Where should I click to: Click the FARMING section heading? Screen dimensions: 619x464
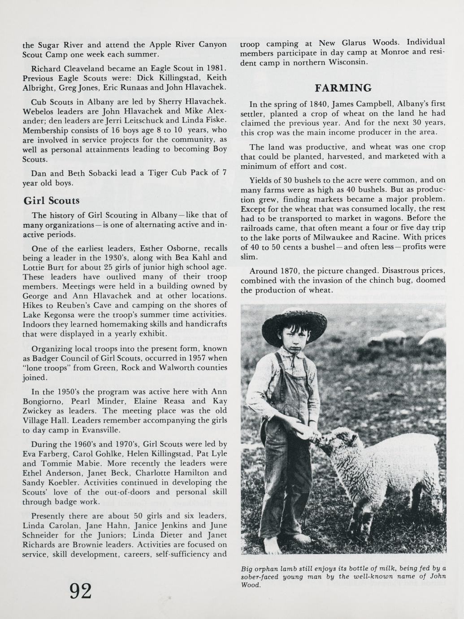coord(343,87)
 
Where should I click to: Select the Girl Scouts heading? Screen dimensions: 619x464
coord(51,201)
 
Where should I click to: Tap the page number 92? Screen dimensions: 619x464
coord(81,591)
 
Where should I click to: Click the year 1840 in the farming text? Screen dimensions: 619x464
coord(318,104)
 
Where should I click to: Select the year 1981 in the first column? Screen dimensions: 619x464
coord(212,69)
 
